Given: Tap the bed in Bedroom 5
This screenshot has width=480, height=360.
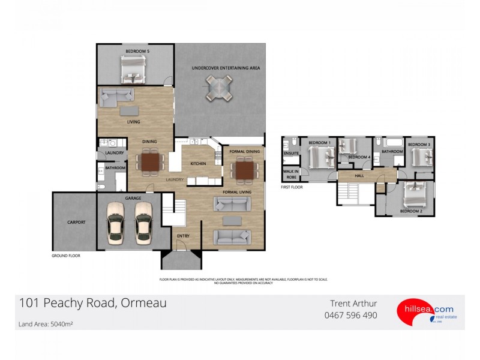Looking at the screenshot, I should pos(133,70).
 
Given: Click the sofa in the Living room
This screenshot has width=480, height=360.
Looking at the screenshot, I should pos(117,97).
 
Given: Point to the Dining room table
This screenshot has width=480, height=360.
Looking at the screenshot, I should pos(149,162).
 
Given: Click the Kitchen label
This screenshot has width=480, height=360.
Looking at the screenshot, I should pos(198,164).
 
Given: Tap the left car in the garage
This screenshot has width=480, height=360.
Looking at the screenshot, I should pos(117,223).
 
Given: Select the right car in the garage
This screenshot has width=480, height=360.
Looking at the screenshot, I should pos(144,223).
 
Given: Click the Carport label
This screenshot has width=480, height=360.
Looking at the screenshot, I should pos(76,222).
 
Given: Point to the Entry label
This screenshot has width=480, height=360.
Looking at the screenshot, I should pos(183,236).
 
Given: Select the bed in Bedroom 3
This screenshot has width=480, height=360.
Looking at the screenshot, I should pos(422,158).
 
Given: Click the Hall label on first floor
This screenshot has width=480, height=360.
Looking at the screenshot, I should pos(359,175).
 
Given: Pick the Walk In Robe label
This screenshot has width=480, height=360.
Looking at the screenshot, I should pos(291,175).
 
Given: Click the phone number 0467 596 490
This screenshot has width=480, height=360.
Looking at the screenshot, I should pos(350,315).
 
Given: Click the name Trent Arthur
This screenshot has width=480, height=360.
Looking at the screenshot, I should pos(354,304).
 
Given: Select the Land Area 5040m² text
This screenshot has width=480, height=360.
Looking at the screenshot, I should pos(45,324).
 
